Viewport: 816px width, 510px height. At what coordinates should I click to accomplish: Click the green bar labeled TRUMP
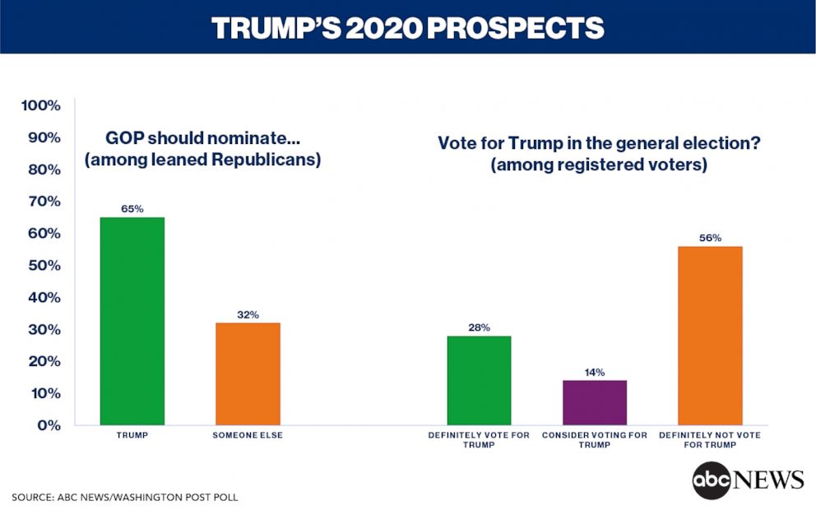point(132,321)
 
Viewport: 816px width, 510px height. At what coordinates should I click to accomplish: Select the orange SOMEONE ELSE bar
point(248,373)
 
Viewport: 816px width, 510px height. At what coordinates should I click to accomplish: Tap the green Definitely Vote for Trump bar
point(479,380)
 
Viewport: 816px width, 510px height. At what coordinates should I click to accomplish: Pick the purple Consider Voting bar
point(595,402)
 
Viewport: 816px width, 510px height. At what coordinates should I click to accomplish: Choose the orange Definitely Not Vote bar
point(710,336)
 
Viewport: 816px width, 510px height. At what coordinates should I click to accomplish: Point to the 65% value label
point(132,209)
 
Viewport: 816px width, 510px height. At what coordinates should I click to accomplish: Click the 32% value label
point(248,314)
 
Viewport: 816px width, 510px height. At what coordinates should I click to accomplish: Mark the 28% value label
point(479,327)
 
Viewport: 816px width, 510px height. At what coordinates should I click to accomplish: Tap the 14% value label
point(595,372)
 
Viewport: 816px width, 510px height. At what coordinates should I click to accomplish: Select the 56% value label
point(710,239)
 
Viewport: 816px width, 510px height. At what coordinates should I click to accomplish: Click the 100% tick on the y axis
point(40,105)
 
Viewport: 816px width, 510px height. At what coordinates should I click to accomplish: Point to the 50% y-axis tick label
point(43,265)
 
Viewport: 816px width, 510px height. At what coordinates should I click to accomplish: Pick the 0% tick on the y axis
point(49,424)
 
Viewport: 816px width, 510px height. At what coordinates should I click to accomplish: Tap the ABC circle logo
point(712,480)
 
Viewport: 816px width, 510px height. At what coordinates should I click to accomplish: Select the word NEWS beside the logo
point(768,480)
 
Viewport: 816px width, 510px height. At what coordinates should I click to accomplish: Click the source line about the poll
point(125,498)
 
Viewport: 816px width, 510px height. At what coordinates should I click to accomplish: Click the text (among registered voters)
point(598,165)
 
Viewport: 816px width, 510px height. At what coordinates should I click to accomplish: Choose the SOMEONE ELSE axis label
point(248,435)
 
